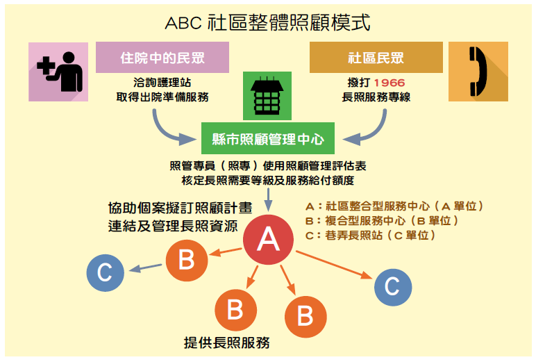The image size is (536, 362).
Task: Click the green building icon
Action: (x=267, y=97)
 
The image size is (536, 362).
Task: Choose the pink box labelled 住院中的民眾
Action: (x=162, y=57)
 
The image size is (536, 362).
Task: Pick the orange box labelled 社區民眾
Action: (x=376, y=57)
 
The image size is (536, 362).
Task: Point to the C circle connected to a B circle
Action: (x=105, y=272)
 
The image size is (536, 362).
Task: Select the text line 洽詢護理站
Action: (x=162, y=83)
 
